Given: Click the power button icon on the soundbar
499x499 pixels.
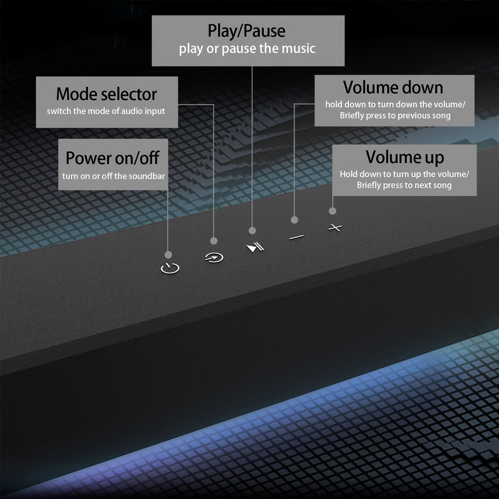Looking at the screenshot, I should coord(170,268).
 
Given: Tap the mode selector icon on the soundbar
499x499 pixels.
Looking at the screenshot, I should coord(214,258).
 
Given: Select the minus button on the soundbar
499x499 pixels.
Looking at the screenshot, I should coord(296,237).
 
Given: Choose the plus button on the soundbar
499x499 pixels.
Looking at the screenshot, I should coord(335,227).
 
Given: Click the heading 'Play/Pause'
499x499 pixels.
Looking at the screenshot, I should coord(247,31).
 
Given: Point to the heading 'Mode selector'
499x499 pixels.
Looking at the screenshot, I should coord(106,94).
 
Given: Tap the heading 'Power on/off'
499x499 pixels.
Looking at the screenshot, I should coord(112,158).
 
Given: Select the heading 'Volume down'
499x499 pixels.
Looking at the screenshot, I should coord(393,87).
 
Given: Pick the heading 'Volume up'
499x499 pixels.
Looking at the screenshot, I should coord(405,157).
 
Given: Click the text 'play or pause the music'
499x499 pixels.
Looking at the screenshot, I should coord(247,49).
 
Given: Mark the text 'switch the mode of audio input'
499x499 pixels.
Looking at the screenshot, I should coord(106,111).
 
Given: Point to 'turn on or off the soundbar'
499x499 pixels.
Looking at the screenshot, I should coord(113,176).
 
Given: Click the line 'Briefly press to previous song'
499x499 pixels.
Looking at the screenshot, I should coord(395,116).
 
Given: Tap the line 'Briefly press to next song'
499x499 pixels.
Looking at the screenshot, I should coord(404,185).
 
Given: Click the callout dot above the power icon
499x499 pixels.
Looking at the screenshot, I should coord(168,255).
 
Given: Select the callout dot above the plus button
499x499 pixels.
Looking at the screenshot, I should coord(332,211).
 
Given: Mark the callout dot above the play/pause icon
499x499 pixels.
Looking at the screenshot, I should coord(252,230).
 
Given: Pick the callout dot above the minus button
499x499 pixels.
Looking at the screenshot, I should coord(294,220).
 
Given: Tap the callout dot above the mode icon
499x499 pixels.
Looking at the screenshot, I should coord(214,241).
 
